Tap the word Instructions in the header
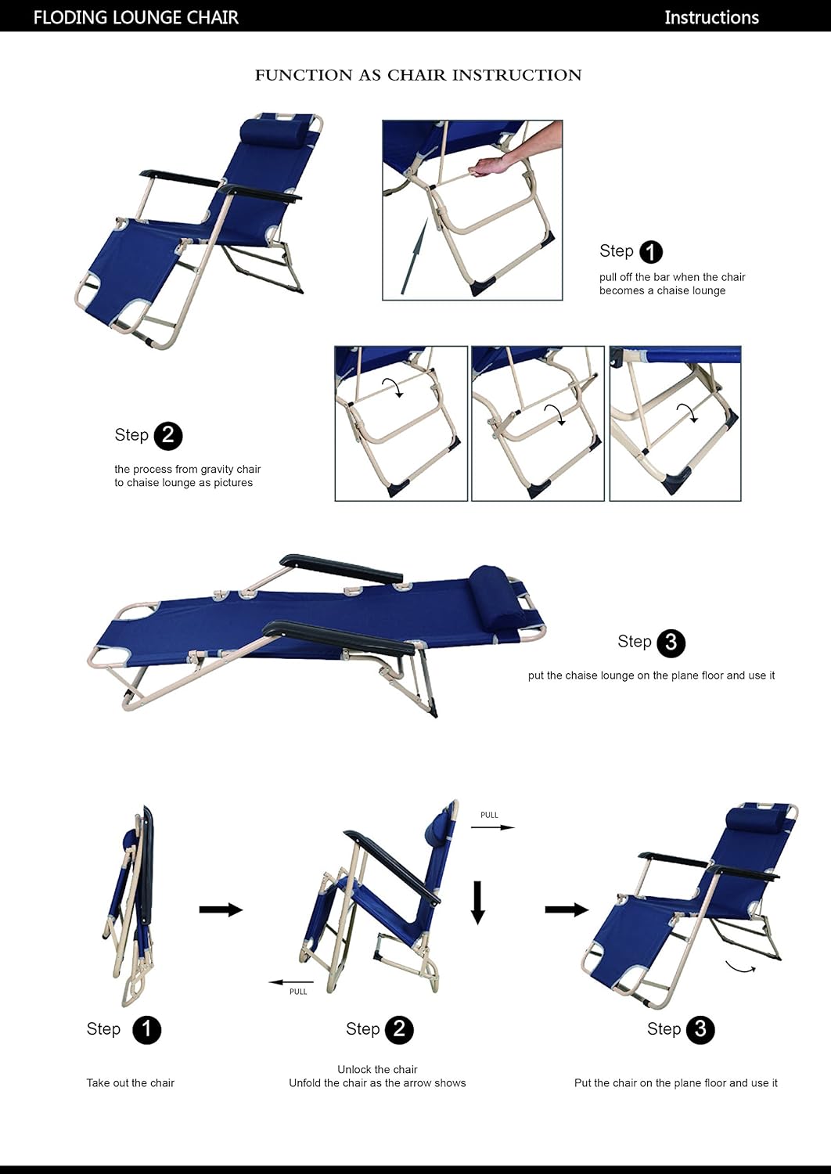710,17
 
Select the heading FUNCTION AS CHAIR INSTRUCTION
418,75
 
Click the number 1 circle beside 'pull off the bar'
650,252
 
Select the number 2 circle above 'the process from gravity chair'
167,436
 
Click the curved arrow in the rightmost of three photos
687,412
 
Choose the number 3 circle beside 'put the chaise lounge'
671,643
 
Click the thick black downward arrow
477,902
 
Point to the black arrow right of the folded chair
221,909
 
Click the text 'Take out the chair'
130,1083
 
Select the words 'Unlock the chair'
377,1069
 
